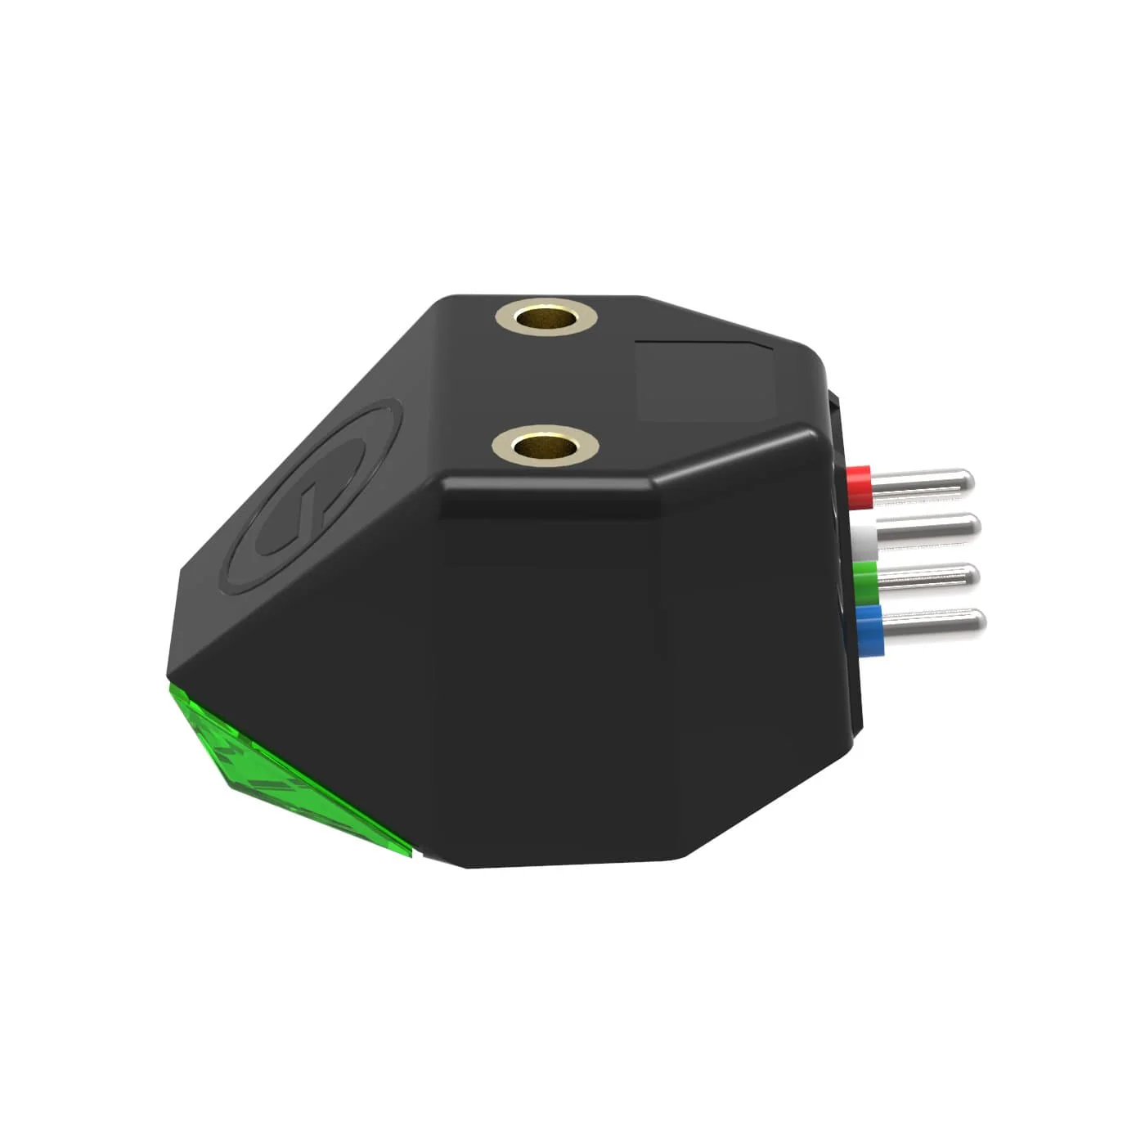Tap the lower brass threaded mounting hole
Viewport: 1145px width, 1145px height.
pos(546,446)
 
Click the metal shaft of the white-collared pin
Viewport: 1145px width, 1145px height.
pos(924,529)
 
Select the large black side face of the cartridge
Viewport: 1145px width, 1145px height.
pos(572,654)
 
